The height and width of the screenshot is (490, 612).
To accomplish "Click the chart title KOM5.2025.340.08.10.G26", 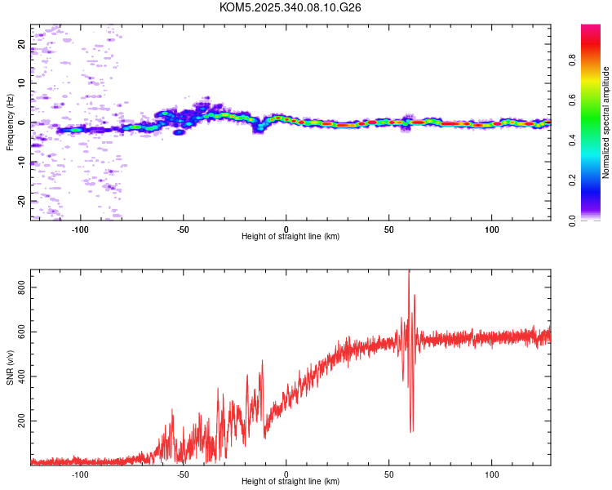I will (290, 7).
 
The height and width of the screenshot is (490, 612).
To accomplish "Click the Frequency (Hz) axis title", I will (10, 122).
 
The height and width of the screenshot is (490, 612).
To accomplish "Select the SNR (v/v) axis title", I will (10, 367).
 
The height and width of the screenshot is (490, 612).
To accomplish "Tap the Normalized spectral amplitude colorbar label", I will (606, 122).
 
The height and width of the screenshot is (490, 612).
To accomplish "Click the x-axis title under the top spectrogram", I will (290, 236).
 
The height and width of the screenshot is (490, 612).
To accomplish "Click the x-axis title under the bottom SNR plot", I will (290, 481).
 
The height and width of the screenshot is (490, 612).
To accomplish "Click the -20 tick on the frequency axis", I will (22, 201).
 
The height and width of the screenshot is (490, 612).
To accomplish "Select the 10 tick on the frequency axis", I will (22, 83).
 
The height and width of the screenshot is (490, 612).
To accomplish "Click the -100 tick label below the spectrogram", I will (80, 229).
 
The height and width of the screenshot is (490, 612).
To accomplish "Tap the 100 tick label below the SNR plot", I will (492, 474).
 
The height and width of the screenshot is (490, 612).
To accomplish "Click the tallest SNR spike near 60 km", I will (409, 273).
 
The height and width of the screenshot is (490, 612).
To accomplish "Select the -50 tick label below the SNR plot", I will (183, 474).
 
